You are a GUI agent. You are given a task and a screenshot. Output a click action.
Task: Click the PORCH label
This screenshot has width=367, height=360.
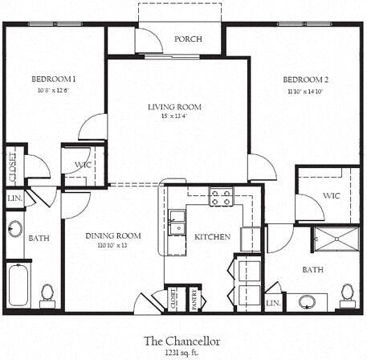pos(188,39)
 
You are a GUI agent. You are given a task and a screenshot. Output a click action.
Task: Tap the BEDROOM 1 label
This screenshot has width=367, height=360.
pos(54,79)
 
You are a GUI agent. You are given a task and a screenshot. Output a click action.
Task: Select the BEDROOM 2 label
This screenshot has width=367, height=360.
pos(306,80)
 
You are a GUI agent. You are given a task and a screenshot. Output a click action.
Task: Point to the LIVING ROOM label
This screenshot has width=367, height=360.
pos(174,107)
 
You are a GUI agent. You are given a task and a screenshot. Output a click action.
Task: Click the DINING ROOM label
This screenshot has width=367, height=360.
pos(114,235)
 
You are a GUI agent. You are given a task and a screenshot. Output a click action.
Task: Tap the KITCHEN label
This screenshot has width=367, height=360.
pos(213,237)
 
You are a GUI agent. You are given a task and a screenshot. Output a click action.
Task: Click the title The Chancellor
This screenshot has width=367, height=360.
pos(181,340)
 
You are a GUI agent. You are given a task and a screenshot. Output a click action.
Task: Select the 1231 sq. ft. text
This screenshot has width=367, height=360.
pos(181,352)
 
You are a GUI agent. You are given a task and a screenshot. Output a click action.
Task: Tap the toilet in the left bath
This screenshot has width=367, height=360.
pos(47,295)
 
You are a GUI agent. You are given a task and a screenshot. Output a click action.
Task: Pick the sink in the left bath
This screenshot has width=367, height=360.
pos(14,228)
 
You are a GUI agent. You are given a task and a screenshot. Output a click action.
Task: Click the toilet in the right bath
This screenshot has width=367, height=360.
pos(347,294)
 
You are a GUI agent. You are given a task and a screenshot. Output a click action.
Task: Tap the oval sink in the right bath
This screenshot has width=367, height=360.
pos(306,302)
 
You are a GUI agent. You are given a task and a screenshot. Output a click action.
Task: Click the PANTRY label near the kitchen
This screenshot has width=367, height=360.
pos(192,299)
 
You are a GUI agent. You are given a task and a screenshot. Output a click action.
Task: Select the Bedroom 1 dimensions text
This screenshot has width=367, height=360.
pos(54,90)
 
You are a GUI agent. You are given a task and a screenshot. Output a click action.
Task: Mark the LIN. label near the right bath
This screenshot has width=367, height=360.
pos(273,303)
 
